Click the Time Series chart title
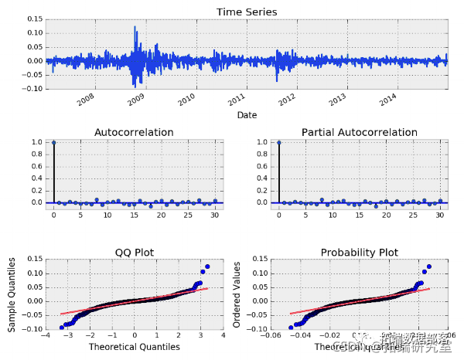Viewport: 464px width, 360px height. [x=246, y=12]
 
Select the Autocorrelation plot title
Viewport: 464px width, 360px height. [x=134, y=133]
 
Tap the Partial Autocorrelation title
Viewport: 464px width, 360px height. [x=360, y=133]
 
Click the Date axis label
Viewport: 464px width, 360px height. [x=247, y=115]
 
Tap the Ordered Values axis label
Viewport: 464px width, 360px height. [x=237, y=297]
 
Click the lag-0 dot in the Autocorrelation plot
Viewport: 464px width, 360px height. [x=53, y=142]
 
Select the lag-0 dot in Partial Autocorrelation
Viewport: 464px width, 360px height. [x=278, y=142]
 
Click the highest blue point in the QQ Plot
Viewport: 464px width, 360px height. [x=207, y=267]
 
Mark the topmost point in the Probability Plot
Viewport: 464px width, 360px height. [x=429, y=267]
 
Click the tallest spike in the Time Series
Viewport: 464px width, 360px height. [x=135, y=27]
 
